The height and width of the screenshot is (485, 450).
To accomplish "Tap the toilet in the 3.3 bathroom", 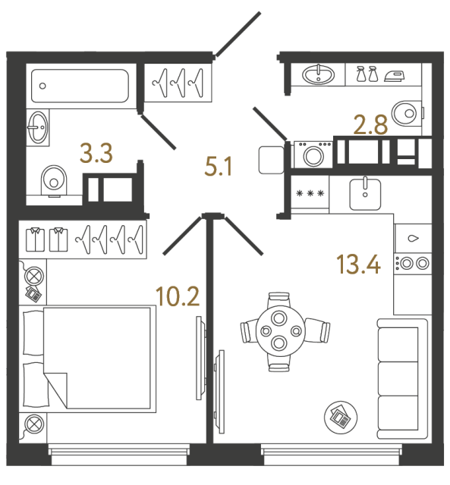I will coord(52,180).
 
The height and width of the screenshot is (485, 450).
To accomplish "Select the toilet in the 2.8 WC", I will coord(408,113).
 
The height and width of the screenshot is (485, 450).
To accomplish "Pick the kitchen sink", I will coord(366,194).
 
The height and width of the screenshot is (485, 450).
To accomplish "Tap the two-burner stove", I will coord(412,264).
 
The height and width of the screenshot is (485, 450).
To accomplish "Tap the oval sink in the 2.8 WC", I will coord(317,74).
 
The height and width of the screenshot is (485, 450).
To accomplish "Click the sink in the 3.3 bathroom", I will coord(38,127).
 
